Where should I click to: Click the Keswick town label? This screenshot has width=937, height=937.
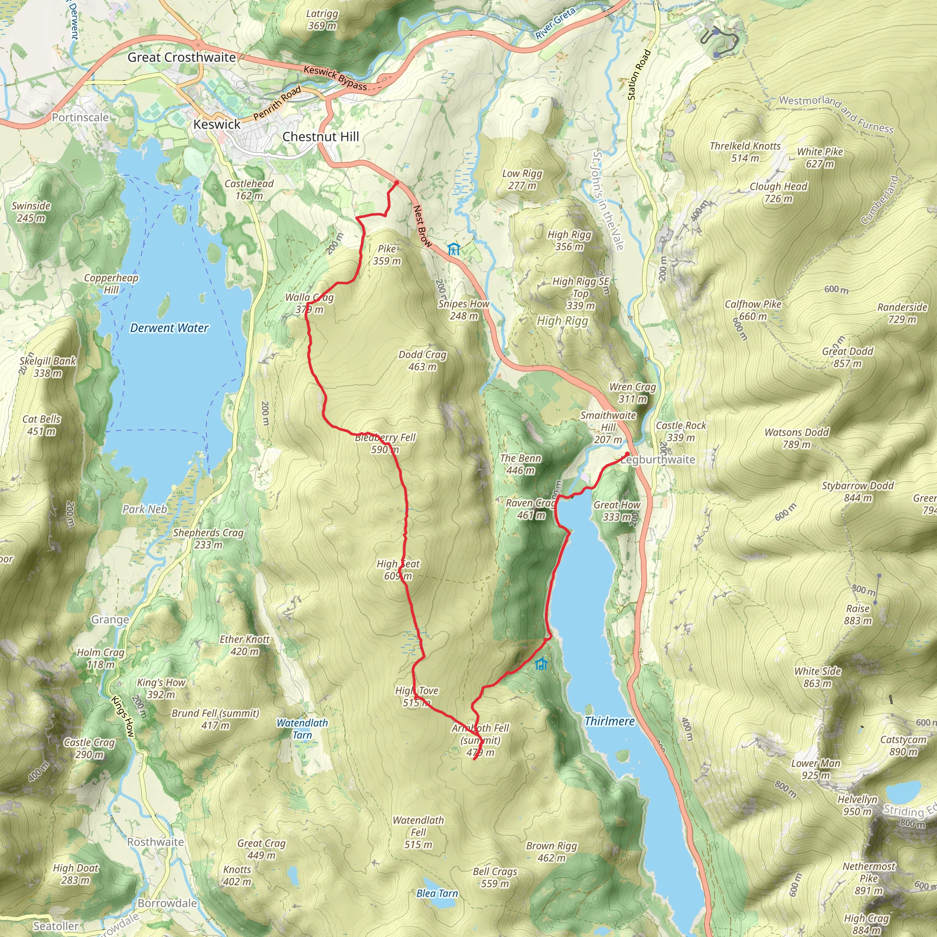tap(217, 124)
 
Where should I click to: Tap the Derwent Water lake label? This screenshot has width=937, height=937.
tap(169, 328)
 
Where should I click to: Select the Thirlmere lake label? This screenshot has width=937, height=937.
tap(609, 721)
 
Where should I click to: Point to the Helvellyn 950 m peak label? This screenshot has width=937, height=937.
tap(857, 806)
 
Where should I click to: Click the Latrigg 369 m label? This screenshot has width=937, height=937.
tap(322, 20)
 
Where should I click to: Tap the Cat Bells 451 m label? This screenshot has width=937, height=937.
tap(42, 425)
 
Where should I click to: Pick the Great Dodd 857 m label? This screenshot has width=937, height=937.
tap(847, 357)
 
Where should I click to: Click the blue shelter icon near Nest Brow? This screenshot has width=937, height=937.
tap(453, 250)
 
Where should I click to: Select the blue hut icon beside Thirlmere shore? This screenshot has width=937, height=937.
tap(541, 664)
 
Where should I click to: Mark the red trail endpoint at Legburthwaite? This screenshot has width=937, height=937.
tap(627, 454)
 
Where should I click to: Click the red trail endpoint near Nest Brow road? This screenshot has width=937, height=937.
tap(396, 183)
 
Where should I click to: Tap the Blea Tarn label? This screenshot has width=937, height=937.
tap(437, 894)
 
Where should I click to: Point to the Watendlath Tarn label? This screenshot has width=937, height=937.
tap(302, 728)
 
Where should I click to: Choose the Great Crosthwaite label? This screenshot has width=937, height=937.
tap(181, 57)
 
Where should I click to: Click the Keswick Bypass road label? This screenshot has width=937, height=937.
tap(335, 78)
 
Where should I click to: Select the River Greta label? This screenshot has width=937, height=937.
tap(555, 23)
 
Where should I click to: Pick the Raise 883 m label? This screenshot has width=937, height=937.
tap(857, 614)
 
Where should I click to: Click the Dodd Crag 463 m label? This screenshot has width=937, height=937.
tap(422, 361)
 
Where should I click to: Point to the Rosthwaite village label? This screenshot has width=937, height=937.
tap(155, 842)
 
